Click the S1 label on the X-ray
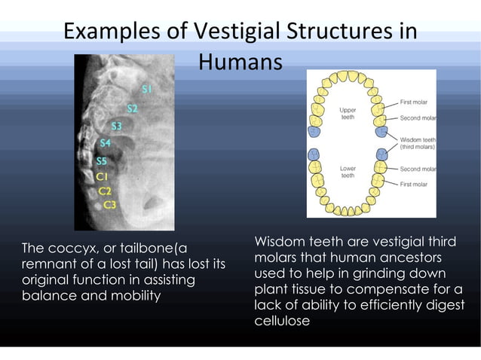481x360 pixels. (147, 90)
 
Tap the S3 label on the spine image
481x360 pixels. (117, 126)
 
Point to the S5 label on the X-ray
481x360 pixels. (102, 160)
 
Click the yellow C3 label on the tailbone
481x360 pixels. (109, 204)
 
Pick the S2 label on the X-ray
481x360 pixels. (132, 108)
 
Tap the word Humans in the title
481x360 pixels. (240, 63)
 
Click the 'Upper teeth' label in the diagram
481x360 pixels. (348, 114)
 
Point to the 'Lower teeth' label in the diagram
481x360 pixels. (348, 172)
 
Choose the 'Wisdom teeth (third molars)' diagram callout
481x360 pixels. (417, 143)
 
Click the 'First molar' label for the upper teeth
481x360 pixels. (414, 101)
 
